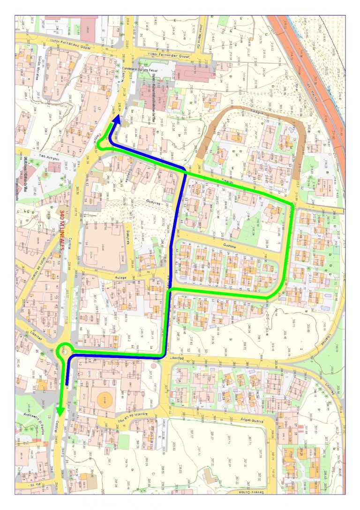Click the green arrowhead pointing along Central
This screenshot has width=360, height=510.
[60, 410]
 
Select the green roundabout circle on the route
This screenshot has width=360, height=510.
[64, 350]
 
